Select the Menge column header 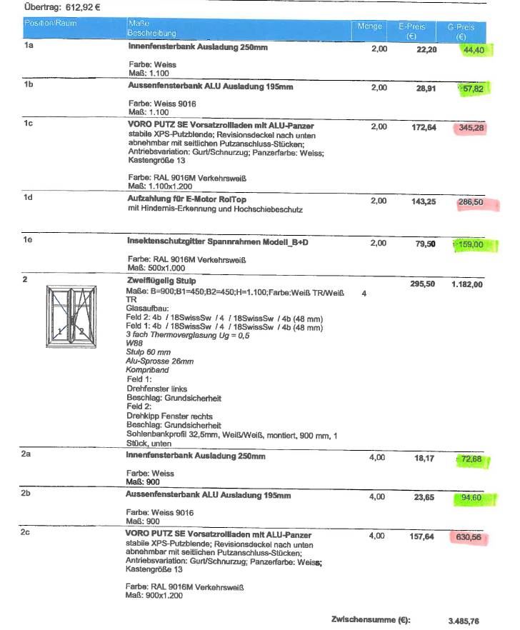tap(369, 26)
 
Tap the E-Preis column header tap(411, 30)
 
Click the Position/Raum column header tap(50, 24)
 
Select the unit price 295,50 tap(421, 284)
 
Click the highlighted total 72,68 tap(471, 459)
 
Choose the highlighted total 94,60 tap(471, 497)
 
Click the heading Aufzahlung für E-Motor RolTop tap(187, 199)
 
